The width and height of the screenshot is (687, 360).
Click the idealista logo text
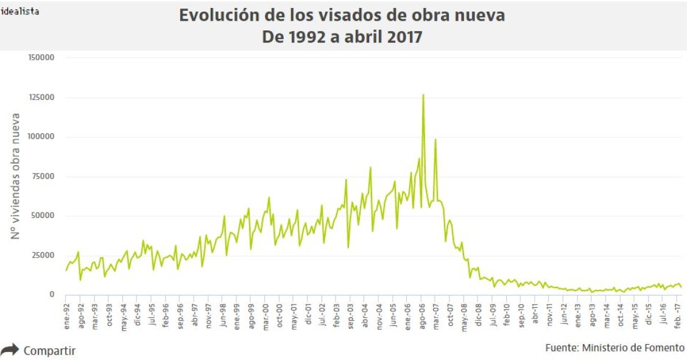pos(20,11)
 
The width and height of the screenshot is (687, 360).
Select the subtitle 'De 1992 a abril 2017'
pos(342,37)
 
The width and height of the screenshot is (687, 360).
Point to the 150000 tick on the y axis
pos(41,58)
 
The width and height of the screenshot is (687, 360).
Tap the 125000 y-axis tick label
pos(41,97)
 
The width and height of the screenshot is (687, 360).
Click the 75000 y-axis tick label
pos(43,177)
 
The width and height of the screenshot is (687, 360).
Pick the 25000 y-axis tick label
pos(43,255)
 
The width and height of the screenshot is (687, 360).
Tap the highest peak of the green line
pos(423,95)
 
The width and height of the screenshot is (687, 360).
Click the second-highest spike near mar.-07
pos(435,139)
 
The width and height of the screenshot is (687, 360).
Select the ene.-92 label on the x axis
pos(67,316)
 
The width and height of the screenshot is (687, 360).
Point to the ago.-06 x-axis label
pos(422,316)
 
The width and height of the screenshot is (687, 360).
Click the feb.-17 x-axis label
pos(678,316)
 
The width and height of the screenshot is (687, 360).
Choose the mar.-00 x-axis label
pos(266,316)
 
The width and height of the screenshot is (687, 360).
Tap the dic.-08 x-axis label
pos(479,316)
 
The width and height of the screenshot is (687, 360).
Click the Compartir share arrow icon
pos(10,350)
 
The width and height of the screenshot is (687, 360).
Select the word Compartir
pos(49,351)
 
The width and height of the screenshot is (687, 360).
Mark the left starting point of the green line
pos(66,270)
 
